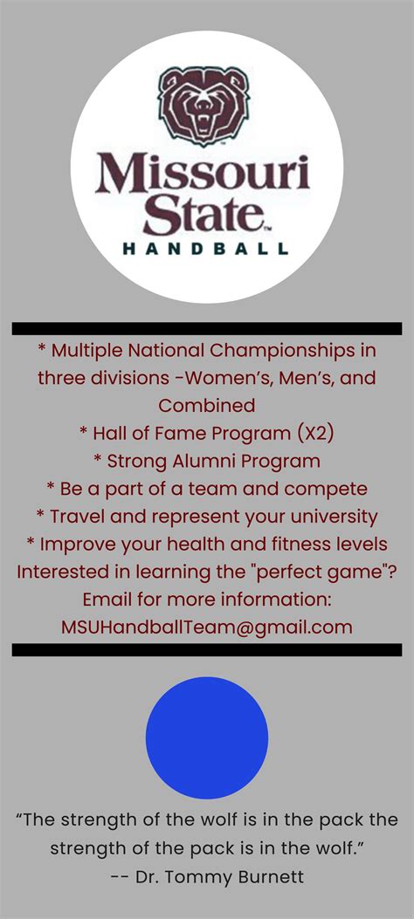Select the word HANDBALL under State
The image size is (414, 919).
[x=205, y=248]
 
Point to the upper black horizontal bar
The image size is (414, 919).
[x=207, y=328]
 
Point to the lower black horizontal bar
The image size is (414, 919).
[x=207, y=649]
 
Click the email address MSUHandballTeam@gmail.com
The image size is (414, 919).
[x=207, y=627]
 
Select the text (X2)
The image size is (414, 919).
[x=307, y=433]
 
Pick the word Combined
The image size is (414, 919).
[x=207, y=406]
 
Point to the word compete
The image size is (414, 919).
[x=331, y=489]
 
